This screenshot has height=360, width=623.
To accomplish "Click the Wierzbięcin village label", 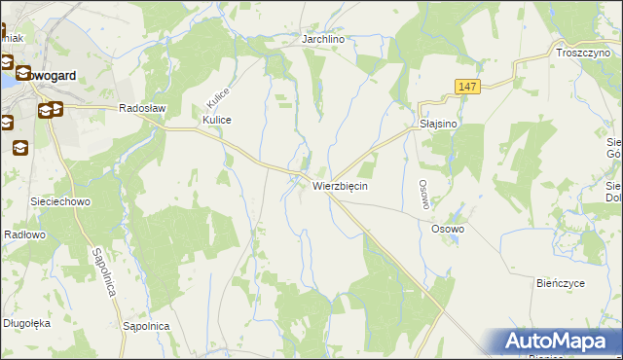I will click(x=340, y=185).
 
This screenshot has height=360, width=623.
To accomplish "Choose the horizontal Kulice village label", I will click(x=215, y=119).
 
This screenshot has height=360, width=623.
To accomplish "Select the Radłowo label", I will click(x=25, y=234).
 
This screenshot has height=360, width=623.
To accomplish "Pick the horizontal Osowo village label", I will click(x=448, y=229).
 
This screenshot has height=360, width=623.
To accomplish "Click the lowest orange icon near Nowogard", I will click(x=19, y=148).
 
